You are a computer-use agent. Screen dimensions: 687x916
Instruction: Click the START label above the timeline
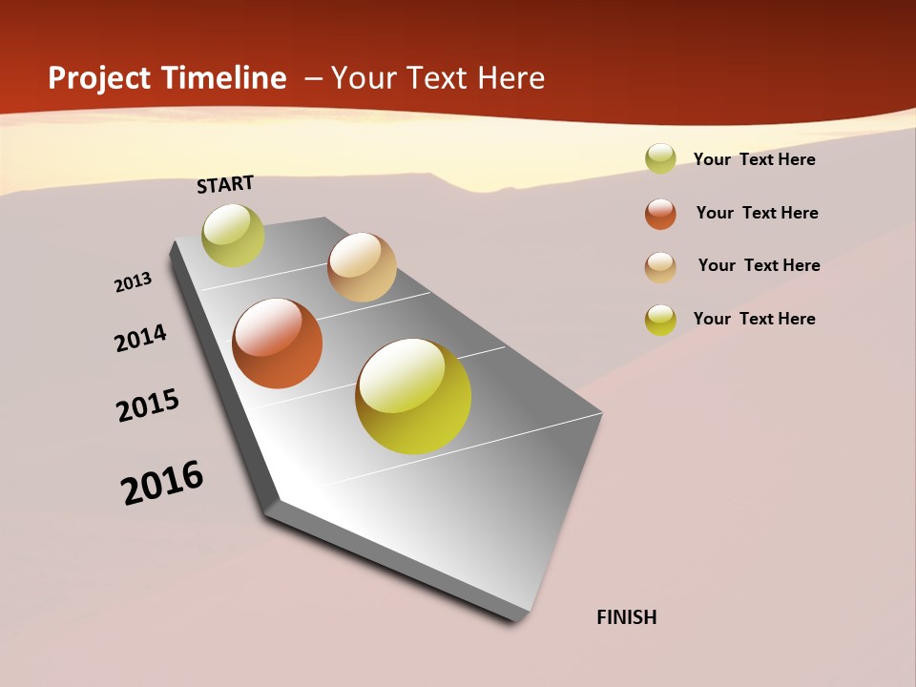tap(225, 184)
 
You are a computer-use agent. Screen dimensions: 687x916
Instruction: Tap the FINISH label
tap(626, 617)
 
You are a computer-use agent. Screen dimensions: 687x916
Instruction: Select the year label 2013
tap(133, 282)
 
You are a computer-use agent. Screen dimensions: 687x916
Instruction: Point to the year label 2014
tap(140, 338)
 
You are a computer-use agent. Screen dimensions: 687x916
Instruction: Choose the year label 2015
tap(148, 406)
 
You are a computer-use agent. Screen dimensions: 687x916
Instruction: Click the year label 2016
tap(162, 483)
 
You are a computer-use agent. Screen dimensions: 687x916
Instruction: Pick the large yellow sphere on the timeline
tap(413, 396)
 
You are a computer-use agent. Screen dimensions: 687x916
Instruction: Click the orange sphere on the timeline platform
tap(278, 343)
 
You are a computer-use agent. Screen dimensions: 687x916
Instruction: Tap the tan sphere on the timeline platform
tap(362, 267)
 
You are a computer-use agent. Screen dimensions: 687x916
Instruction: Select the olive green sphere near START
tap(233, 236)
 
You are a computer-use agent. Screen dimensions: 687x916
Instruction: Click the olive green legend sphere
tap(660, 158)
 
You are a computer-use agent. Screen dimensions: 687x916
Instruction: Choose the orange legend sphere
tap(660, 214)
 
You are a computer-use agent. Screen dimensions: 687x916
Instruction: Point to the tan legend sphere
tap(660, 267)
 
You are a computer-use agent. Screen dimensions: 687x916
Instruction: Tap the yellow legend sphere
tap(660, 320)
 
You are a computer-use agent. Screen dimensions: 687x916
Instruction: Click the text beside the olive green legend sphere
tap(754, 159)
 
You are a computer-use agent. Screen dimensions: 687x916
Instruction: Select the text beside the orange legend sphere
tap(757, 213)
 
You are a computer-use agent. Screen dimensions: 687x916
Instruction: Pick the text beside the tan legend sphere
tap(759, 265)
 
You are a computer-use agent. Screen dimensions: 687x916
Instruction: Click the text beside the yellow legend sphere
tap(754, 319)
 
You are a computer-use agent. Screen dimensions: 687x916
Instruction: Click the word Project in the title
tap(100, 78)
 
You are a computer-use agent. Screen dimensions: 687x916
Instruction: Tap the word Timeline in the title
tap(224, 78)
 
